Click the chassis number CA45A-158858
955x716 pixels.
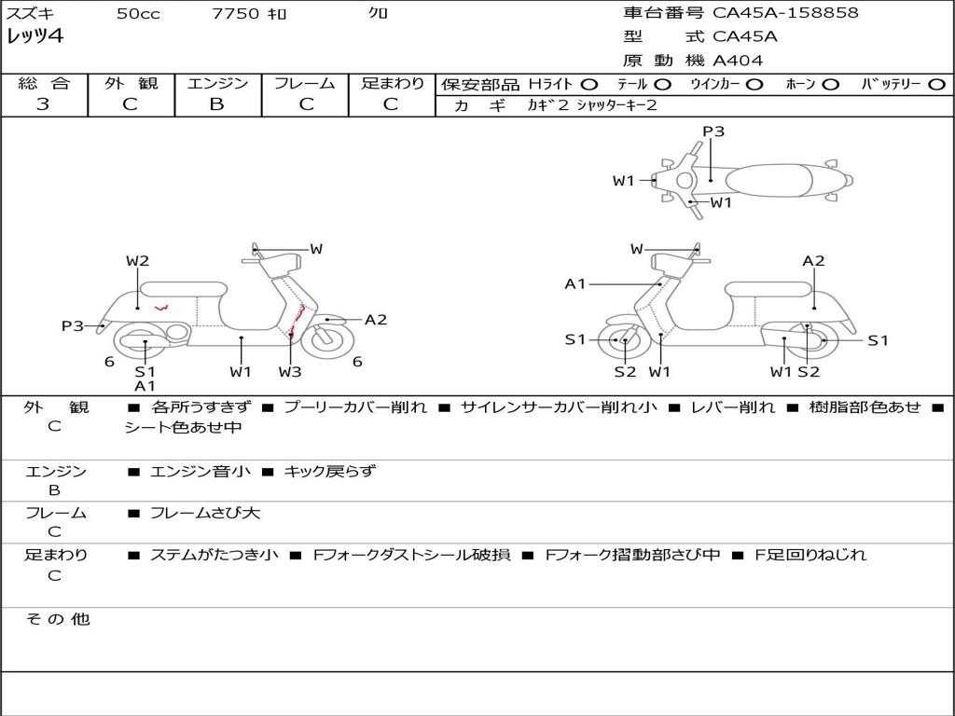point(785,13)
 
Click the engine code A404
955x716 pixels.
point(738,61)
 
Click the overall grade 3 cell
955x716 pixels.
point(43,104)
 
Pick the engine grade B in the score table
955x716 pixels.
point(216,104)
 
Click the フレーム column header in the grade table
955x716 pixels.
point(304,84)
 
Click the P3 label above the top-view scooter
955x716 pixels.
point(713,131)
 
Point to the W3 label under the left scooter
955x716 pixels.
point(290,372)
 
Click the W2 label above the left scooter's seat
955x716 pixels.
point(138,261)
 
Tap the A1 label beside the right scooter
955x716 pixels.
point(575,283)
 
